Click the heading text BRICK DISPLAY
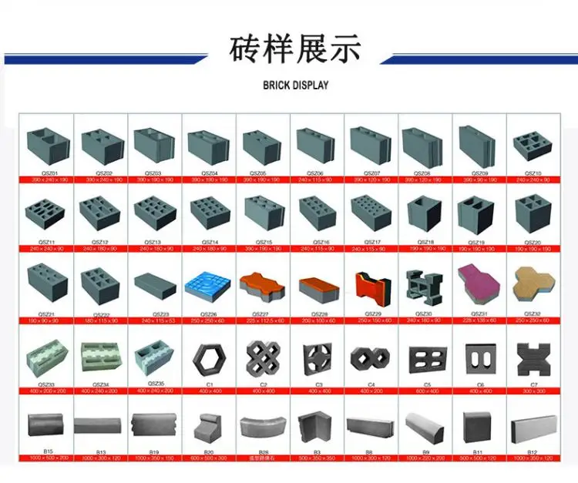(x=295, y=86)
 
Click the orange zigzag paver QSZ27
(x=262, y=287)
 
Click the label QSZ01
(x=48, y=173)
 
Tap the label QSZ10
(x=533, y=173)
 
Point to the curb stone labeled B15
(x=48, y=425)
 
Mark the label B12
(x=533, y=452)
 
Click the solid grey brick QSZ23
(x=154, y=287)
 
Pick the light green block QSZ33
(x=48, y=357)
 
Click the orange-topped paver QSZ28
(x=316, y=288)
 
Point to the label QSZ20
(x=533, y=243)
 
